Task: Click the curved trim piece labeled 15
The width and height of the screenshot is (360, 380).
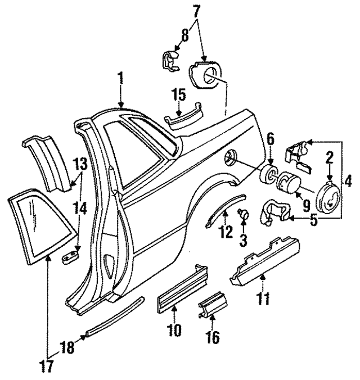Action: click(183, 117)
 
